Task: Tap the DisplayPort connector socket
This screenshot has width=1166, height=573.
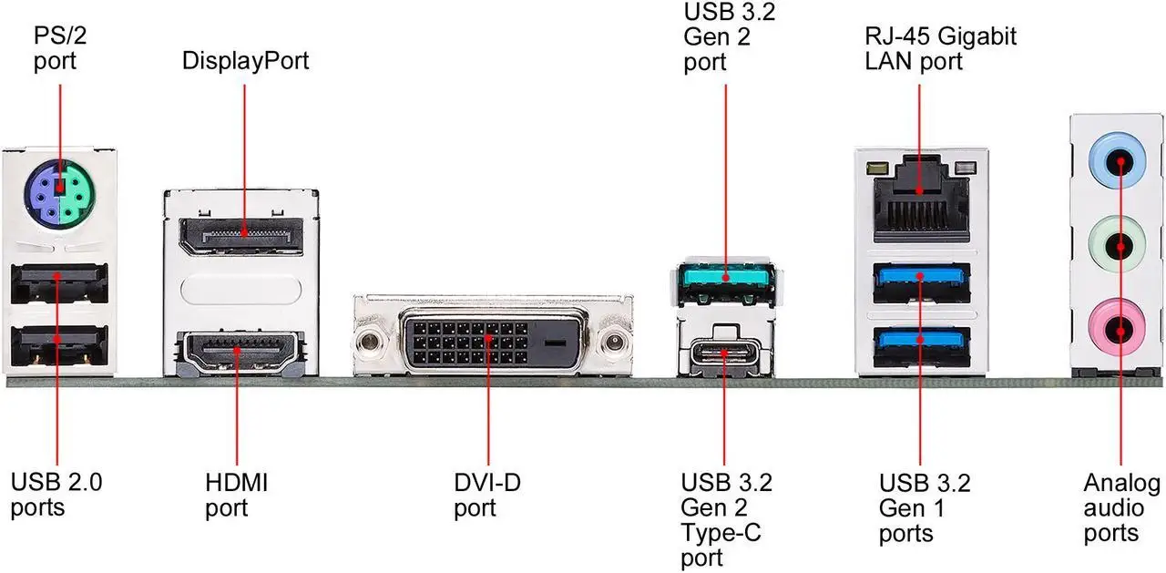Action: pos(240,234)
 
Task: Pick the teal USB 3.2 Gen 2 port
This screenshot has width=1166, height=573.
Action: pos(726,277)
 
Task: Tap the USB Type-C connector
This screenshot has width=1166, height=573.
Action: pos(725,353)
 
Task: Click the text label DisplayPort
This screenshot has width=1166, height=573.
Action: pos(246,61)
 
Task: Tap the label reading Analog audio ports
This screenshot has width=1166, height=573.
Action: pos(1121,507)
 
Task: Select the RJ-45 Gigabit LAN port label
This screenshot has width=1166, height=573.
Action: pos(941,49)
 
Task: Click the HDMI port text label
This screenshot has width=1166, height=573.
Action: pos(237,494)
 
